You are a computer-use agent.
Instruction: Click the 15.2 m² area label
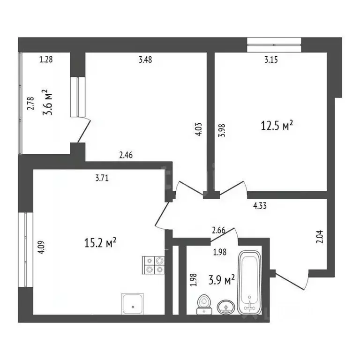point(99,243)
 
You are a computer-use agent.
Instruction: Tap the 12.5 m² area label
point(277,125)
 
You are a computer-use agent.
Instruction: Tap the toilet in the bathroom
point(203,303)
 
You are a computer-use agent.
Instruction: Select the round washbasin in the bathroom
point(226,307)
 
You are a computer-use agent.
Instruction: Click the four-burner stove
point(153,265)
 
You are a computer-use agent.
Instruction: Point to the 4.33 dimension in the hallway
point(261,205)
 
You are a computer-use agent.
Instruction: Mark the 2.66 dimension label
point(219,230)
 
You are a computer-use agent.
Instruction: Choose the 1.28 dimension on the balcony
point(46,60)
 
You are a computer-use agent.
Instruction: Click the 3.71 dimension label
point(103,177)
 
